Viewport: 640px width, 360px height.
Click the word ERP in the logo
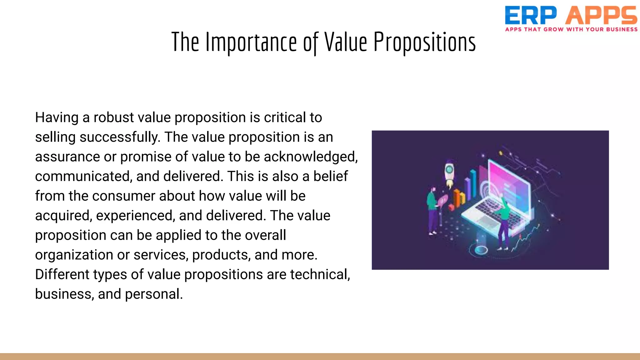click(530, 16)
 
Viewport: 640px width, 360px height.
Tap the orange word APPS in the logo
click(601, 16)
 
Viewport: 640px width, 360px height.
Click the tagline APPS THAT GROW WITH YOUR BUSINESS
click(571, 29)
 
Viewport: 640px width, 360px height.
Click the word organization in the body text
click(73, 255)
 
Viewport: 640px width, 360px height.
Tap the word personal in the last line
click(154, 294)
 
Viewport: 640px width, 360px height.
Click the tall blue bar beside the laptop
click(473, 183)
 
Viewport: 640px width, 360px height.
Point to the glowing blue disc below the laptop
click(481, 250)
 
